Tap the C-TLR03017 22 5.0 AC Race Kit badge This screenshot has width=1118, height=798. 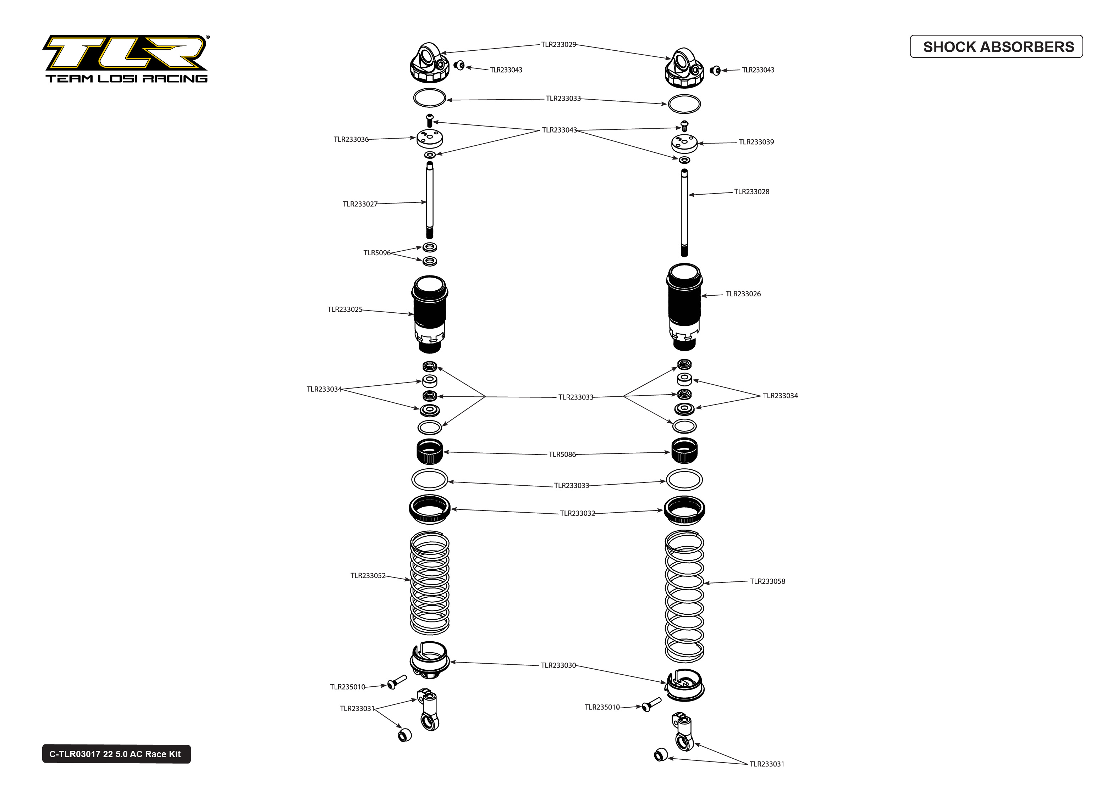click(116, 754)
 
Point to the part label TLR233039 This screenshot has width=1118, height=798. click(756, 142)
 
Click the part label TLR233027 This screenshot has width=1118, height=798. click(359, 204)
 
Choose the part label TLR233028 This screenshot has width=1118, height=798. click(751, 192)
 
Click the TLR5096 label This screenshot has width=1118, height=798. click(376, 252)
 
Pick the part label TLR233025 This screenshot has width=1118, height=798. click(345, 309)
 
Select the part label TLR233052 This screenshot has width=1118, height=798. click(368, 575)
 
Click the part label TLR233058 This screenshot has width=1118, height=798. click(767, 581)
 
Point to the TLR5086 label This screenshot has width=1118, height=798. click(562, 454)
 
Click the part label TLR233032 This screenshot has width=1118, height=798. click(577, 513)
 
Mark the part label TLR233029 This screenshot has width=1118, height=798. click(558, 45)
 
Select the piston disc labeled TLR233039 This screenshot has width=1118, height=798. click(684, 144)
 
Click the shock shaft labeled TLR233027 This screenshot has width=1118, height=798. click(429, 201)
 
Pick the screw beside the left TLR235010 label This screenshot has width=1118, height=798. click(396, 682)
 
